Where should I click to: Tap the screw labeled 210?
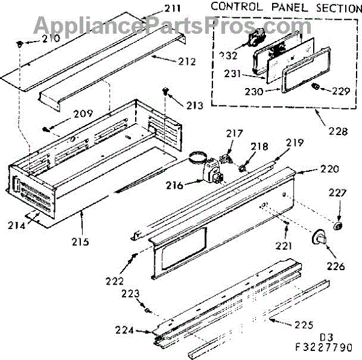click(x=20, y=45)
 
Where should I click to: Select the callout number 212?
click(x=187, y=61)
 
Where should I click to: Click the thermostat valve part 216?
click(x=209, y=171)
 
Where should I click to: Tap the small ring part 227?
click(x=338, y=226)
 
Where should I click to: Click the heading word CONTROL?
click(x=235, y=8)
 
